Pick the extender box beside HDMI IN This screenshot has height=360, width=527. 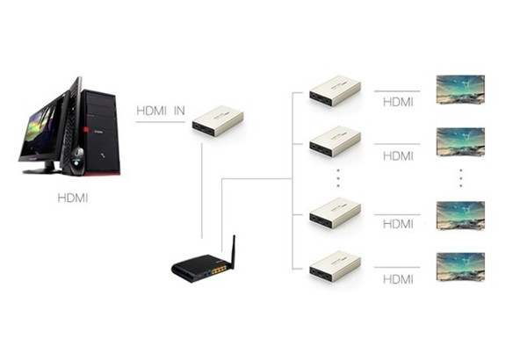click(219, 121)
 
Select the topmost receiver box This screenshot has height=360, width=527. click(336, 91)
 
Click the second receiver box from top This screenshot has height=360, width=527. click(336, 141)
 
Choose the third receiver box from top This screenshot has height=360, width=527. click(336, 214)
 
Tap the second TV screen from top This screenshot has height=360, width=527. click(460, 140)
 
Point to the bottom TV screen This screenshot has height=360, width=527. click(460, 266)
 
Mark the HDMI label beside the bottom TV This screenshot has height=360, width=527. click(398, 279)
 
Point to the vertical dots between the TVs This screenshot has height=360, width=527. click(461, 179)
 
